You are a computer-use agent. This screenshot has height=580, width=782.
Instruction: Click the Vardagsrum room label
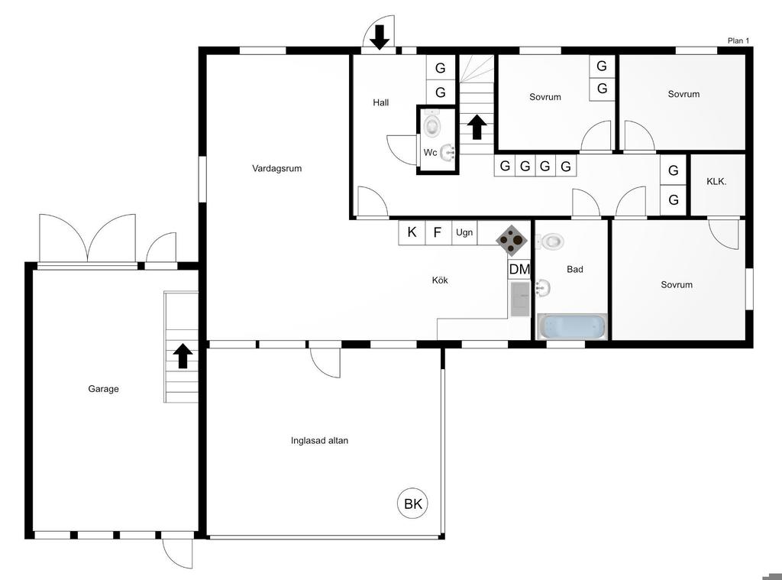(276, 168)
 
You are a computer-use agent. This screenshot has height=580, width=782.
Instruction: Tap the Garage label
(103, 388)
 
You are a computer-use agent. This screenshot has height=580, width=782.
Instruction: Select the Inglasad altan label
(319, 440)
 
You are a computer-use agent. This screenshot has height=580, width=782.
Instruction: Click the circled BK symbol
(412, 504)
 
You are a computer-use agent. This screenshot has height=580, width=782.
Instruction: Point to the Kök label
(440, 280)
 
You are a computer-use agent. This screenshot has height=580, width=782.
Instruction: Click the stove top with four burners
(512, 240)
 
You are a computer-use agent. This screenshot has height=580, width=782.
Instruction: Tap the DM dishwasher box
(519, 269)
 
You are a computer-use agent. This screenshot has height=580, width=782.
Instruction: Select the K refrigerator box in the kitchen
(412, 232)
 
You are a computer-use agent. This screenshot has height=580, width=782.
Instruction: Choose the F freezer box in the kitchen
(438, 232)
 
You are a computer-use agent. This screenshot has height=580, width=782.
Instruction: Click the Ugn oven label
(464, 232)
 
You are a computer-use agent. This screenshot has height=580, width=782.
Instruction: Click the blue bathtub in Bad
(572, 326)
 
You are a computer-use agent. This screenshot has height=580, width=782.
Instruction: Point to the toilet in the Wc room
(432, 124)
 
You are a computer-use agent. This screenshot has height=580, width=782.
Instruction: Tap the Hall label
(380, 102)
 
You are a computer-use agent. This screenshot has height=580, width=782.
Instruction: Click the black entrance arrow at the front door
(380, 37)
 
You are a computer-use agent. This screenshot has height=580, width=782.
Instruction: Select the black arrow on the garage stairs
(183, 355)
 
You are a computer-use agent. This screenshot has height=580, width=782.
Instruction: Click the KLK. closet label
(716, 182)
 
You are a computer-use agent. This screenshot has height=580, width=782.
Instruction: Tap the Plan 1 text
(738, 41)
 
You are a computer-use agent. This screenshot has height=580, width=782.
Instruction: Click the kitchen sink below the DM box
(519, 299)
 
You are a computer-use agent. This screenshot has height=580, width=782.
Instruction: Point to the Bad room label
(574, 269)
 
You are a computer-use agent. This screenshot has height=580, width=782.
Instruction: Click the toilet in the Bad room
(550, 241)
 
